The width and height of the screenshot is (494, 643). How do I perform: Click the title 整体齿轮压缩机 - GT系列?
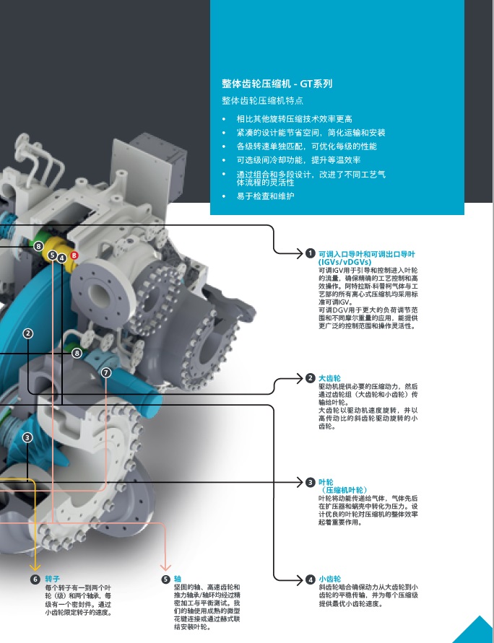[277, 84]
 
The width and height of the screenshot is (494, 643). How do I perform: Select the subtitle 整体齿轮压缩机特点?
[262, 100]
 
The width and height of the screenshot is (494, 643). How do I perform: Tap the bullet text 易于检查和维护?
[265, 196]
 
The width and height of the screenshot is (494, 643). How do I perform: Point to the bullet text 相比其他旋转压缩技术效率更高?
[294, 119]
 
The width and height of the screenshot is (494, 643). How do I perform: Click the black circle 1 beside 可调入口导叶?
[310, 253]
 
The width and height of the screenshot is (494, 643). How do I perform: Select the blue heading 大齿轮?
[329, 378]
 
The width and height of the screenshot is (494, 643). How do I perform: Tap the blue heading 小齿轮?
[329, 579]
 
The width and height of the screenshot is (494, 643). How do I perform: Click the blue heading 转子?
[52, 579]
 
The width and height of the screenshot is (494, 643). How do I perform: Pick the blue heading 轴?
[177, 579]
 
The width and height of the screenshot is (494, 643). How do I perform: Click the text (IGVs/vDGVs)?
[344, 262]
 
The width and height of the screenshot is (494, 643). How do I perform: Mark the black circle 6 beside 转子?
[35, 579]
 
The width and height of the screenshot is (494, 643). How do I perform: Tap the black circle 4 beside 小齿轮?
[311, 579]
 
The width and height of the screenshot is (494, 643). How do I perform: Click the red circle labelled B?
[74, 255]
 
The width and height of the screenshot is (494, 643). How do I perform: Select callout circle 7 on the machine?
[106, 372]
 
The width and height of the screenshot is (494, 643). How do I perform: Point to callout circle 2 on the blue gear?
[27, 333]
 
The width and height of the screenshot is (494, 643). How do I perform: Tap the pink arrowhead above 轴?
[165, 567]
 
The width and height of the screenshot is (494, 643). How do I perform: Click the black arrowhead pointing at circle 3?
[300, 482]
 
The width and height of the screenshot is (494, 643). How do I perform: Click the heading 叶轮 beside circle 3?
[326, 482]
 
